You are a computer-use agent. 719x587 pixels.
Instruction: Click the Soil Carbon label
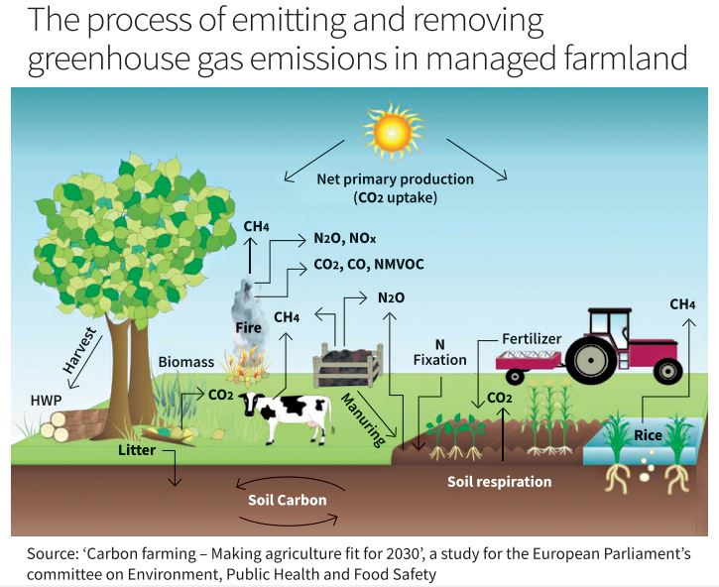coord(287,500)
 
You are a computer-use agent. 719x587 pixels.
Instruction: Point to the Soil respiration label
coord(499,482)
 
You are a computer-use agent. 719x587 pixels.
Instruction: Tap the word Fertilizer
coord(531,339)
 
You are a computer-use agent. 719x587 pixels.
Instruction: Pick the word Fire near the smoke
coord(248,326)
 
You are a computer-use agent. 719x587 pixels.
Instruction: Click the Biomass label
coord(185,362)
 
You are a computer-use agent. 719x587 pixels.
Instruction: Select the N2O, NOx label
coord(339,239)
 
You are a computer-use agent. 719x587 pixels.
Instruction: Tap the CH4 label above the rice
coord(682,303)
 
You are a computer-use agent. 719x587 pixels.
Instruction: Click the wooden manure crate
coord(347,367)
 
